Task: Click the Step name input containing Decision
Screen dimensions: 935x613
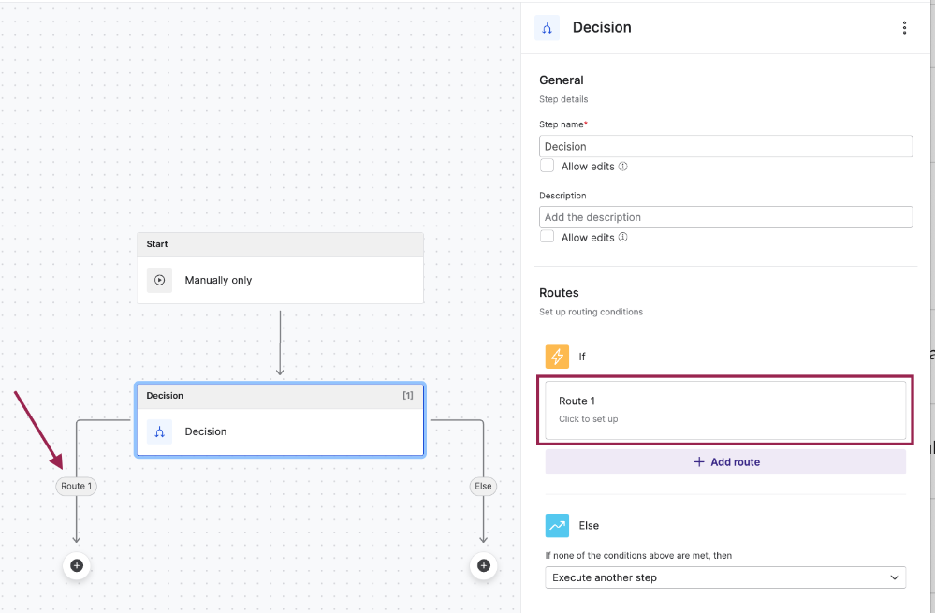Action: tap(725, 146)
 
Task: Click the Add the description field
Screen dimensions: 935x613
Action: tap(725, 217)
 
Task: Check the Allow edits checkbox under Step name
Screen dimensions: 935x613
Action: tap(547, 166)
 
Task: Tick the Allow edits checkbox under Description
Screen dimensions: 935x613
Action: tap(547, 237)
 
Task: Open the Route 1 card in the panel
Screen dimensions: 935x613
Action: tap(725, 410)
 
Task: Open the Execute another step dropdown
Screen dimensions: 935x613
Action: tap(725, 577)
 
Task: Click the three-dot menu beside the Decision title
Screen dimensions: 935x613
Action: tap(905, 27)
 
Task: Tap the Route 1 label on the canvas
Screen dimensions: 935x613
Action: tap(77, 486)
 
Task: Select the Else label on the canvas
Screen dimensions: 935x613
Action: tap(483, 486)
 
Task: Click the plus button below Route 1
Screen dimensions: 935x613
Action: tap(77, 565)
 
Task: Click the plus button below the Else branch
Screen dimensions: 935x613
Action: tap(484, 565)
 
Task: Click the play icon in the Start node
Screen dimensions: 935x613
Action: tap(159, 280)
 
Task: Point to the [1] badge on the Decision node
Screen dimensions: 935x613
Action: tap(408, 395)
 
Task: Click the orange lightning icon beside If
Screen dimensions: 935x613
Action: tap(557, 357)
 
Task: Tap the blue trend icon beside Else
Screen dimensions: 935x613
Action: tap(557, 525)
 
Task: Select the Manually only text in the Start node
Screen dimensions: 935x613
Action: tap(218, 280)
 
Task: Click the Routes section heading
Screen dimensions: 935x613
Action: tap(559, 293)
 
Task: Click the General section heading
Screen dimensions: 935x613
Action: tap(562, 80)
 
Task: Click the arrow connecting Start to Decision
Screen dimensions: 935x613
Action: tap(280, 343)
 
